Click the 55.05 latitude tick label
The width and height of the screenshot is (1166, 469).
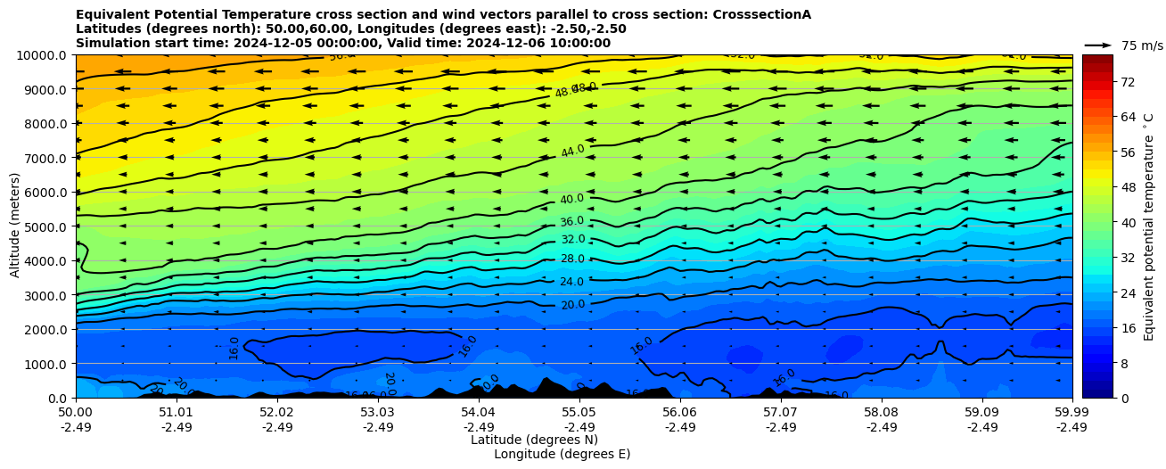point(579,413)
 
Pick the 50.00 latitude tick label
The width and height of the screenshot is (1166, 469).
point(76,413)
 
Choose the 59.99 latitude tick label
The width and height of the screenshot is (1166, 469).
point(1072,413)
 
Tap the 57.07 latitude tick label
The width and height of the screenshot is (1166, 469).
point(780,413)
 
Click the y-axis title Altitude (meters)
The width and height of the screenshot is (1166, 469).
point(15,226)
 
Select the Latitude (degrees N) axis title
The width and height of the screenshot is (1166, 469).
point(534,440)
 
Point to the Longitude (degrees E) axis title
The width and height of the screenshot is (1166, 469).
point(562,454)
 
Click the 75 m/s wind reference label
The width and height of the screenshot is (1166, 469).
point(1142,45)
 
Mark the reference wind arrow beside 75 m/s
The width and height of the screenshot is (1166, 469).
point(1098,45)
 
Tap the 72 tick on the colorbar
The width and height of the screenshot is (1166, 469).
point(1127,82)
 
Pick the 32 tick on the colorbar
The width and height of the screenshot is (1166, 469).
point(1127,258)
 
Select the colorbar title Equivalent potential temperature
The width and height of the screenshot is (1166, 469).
point(1149,226)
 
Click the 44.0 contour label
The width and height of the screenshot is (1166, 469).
point(572,151)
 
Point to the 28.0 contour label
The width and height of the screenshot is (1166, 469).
point(572,259)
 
